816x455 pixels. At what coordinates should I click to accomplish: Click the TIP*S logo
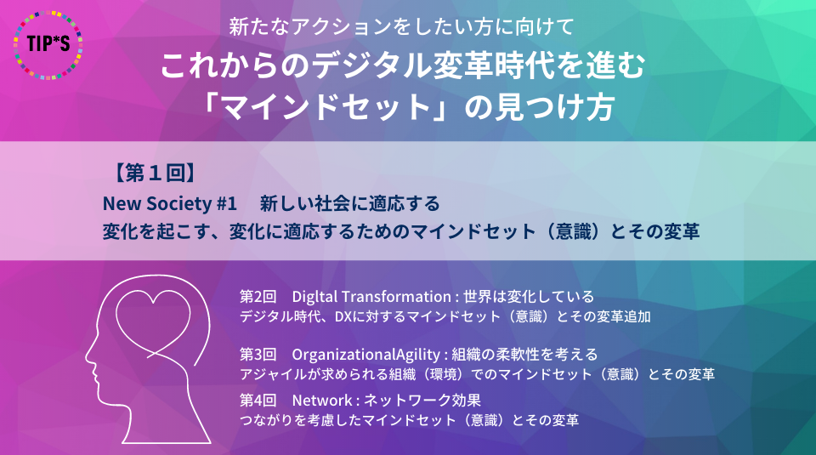(48, 45)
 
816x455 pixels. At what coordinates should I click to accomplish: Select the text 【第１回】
(155, 173)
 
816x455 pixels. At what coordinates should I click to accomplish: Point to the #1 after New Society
(227, 203)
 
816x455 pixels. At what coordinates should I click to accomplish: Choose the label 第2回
(258, 297)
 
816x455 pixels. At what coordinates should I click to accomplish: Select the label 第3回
(258, 355)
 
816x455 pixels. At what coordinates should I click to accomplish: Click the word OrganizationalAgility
(365, 355)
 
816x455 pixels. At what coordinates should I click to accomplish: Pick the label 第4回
(258, 401)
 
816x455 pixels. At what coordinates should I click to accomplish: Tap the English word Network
(322, 401)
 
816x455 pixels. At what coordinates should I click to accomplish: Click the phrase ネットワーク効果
(422, 401)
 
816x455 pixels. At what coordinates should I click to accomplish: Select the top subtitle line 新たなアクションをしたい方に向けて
(401, 27)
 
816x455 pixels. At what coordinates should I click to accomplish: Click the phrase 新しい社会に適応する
(349, 203)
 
